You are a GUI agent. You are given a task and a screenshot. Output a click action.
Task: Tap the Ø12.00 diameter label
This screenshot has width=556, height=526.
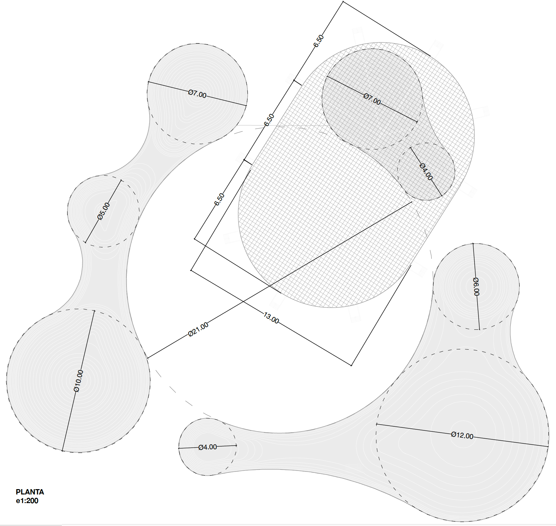pyautogui.click(x=462, y=435)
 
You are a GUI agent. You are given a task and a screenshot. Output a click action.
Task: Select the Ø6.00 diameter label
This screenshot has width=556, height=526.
pyautogui.click(x=476, y=286)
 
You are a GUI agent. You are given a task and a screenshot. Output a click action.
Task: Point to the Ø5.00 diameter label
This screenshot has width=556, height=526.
pyautogui.click(x=104, y=212)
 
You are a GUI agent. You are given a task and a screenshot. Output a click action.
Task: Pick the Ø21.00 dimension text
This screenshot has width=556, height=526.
pyautogui.click(x=199, y=329)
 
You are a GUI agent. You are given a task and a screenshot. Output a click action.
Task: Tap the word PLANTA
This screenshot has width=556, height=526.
pyautogui.click(x=30, y=492)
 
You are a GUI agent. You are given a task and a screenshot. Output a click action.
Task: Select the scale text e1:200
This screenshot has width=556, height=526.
pyautogui.click(x=27, y=501)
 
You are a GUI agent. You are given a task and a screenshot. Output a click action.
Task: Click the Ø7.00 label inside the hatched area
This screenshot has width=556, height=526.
pyautogui.click(x=372, y=99)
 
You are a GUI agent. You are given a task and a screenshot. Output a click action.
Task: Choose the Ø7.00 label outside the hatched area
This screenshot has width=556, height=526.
pyautogui.click(x=197, y=94)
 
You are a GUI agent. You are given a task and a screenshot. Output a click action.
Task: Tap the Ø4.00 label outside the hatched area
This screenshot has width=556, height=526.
pyautogui.click(x=208, y=447)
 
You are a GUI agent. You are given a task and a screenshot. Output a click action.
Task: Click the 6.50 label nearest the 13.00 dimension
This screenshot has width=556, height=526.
pyautogui.click(x=220, y=199)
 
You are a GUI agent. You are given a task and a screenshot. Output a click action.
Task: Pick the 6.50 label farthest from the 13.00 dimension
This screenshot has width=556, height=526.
pyautogui.click(x=319, y=41)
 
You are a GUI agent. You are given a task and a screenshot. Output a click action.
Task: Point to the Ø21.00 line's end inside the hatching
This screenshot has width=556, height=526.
pyautogui.click(x=412, y=202)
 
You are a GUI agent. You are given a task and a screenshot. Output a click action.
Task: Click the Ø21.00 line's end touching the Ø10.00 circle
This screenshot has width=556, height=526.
pyautogui.click(x=148, y=358)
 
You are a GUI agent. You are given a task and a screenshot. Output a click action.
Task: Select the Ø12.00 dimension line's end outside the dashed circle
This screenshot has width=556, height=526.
pyautogui.click(x=548, y=447)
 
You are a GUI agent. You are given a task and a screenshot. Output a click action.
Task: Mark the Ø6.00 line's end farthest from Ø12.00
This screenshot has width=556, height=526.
pyautogui.click(x=473, y=244)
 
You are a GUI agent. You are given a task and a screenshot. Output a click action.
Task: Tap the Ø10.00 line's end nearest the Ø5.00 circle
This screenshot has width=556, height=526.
pyautogui.click(x=94, y=311)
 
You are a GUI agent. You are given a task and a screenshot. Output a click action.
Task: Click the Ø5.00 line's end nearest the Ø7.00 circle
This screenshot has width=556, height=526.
pyautogui.click(x=121, y=181)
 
